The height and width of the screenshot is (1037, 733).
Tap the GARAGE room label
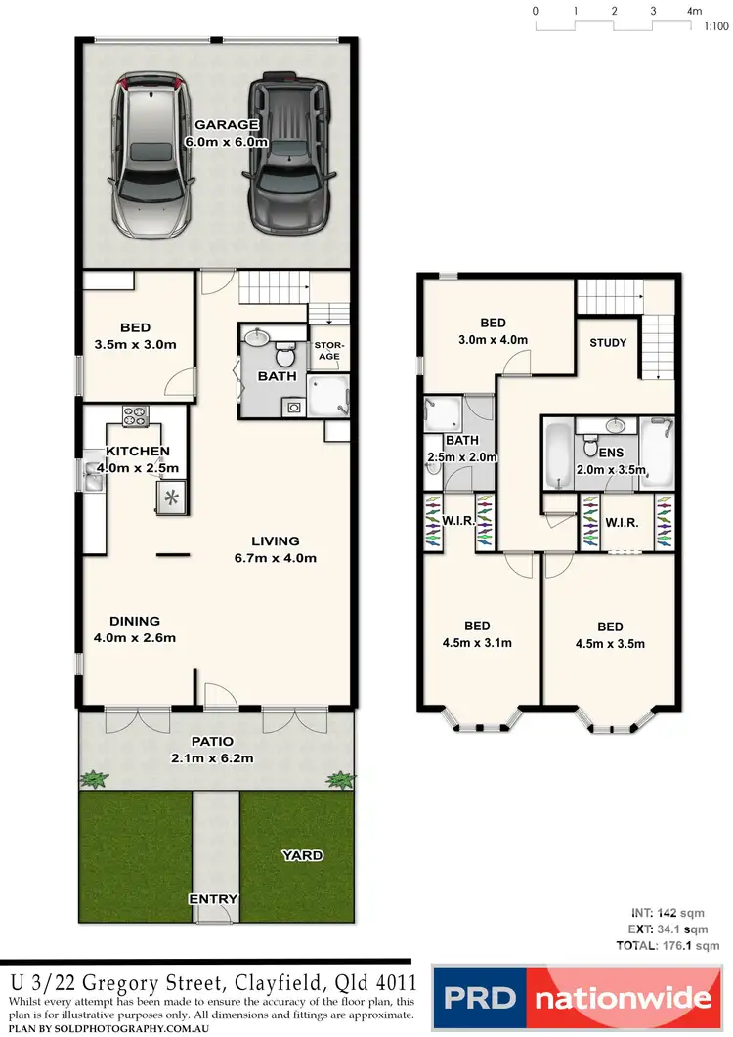(226, 125)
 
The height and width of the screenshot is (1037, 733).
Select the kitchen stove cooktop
(134, 417)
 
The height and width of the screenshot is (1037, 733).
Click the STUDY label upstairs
(608, 342)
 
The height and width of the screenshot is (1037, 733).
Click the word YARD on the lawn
(302, 855)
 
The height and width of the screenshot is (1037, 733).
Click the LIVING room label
(275, 540)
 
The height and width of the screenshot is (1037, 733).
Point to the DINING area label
(135, 621)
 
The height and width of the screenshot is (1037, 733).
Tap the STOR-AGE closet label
(326, 351)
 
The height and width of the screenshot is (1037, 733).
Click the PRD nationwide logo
(580, 998)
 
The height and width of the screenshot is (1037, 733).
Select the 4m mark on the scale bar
(694, 11)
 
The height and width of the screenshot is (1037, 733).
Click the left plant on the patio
(94, 779)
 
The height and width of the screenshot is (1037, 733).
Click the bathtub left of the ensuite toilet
(557, 454)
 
